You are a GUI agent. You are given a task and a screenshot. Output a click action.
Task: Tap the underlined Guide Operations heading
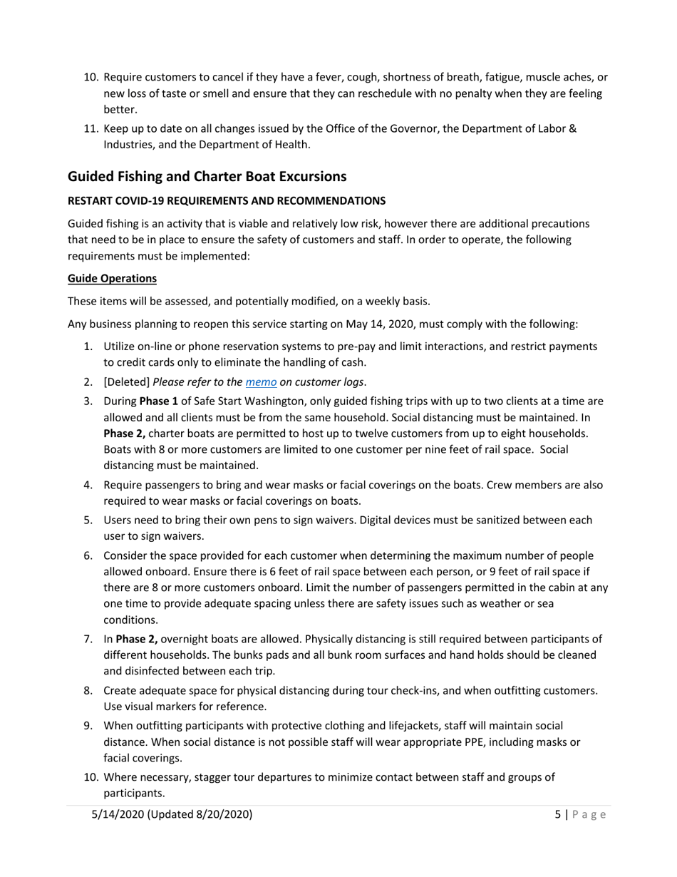(112, 278)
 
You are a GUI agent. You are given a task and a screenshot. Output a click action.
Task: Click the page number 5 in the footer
(558, 814)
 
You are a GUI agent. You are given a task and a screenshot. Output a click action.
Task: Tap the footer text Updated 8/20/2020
(200, 814)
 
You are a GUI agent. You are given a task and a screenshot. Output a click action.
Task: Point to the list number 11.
(91, 128)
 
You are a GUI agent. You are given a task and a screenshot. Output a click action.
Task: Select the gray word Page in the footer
(589, 814)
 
